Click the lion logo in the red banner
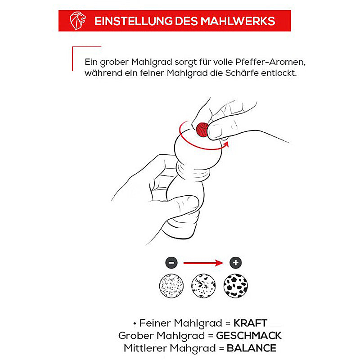click(x=77, y=21)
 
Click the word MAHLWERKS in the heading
click(x=238, y=21)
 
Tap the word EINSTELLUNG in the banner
click(x=133, y=21)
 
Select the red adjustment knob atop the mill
click(x=202, y=130)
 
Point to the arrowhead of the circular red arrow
click(x=226, y=144)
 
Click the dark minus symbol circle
click(x=171, y=263)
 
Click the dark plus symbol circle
click(x=235, y=263)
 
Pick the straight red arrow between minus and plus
click(x=203, y=263)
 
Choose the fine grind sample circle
click(x=171, y=286)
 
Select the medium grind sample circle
click(x=203, y=286)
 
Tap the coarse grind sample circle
click(x=235, y=286)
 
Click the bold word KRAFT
click(x=250, y=323)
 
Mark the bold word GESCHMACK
click(x=249, y=336)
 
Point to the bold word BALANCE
click(x=252, y=348)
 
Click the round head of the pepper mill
click(x=198, y=147)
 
